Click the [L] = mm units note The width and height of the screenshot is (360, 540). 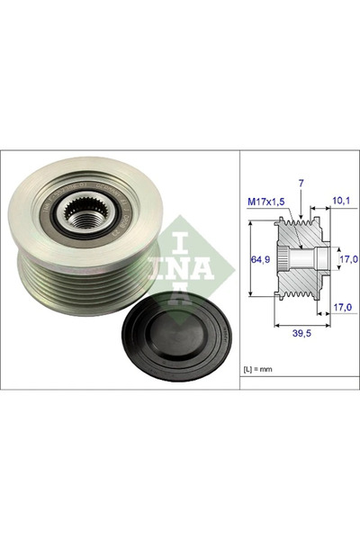(261, 370)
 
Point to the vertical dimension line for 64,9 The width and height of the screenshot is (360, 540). (249, 266)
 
